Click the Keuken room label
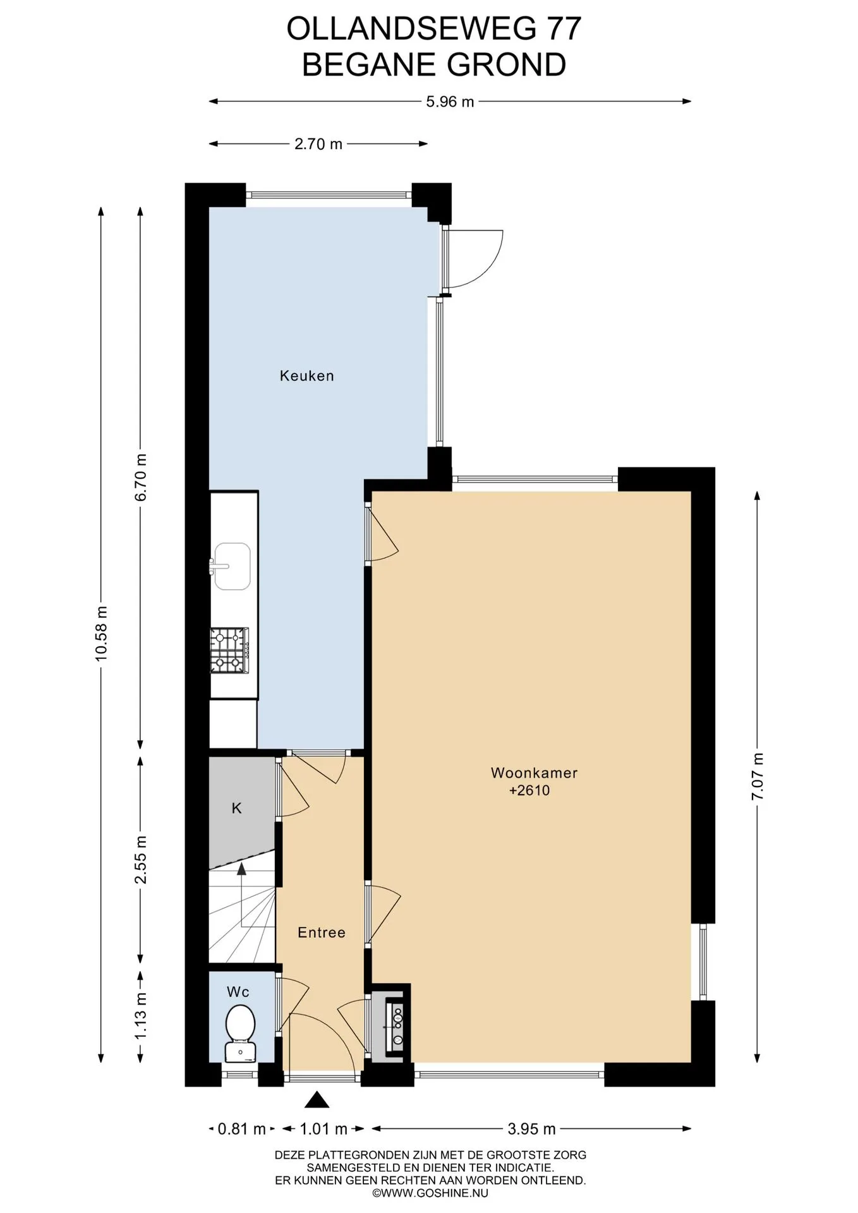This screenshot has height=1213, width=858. pyautogui.click(x=306, y=376)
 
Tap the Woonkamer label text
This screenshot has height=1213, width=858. pyautogui.click(x=534, y=773)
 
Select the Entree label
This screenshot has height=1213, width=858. pyautogui.click(x=322, y=932)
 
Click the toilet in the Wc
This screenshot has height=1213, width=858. pyautogui.click(x=240, y=1032)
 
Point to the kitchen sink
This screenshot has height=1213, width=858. pyautogui.click(x=231, y=566)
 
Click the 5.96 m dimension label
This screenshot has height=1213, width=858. pyautogui.click(x=450, y=102)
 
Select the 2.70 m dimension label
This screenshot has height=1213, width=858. pyautogui.click(x=318, y=144)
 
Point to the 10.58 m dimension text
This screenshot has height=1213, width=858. pyautogui.click(x=102, y=634)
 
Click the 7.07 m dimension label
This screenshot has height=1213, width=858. pyautogui.click(x=758, y=777)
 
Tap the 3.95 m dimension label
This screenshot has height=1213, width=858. pyautogui.click(x=531, y=1129)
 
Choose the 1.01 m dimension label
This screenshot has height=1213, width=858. pyautogui.click(x=323, y=1129)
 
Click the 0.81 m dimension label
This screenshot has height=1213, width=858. pyautogui.click(x=241, y=1129)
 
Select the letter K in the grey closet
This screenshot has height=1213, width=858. pyautogui.click(x=237, y=808)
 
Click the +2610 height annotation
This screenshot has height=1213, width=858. pyautogui.click(x=529, y=790)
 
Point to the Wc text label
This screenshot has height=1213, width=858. pyautogui.click(x=238, y=993)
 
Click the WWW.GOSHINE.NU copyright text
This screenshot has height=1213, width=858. pyautogui.click(x=430, y=1193)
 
